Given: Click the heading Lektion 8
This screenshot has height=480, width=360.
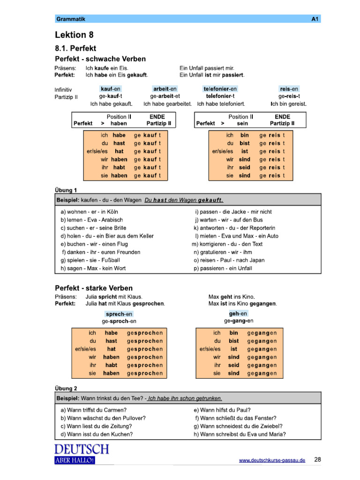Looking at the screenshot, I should (x=71, y=35).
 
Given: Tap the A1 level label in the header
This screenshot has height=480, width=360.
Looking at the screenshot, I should (x=315, y=19).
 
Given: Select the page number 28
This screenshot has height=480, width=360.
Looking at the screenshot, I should (x=318, y=459).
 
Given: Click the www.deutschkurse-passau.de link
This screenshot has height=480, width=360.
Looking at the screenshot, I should (x=272, y=460).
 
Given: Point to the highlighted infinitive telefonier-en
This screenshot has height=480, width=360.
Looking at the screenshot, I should (x=220, y=89).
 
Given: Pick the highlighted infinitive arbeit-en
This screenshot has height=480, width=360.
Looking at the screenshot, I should (x=165, y=89).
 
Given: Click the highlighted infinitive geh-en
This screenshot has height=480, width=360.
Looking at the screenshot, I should (x=238, y=313).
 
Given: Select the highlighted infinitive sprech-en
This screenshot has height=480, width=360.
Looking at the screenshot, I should (x=119, y=314).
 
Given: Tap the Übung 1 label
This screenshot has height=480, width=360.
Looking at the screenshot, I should (x=66, y=190).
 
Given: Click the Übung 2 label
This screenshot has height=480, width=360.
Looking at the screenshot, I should (x=66, y=388).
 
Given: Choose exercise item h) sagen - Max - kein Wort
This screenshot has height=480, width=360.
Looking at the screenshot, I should (x=93, y=268).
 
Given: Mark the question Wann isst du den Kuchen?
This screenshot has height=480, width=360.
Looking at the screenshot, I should (x=97, y=434).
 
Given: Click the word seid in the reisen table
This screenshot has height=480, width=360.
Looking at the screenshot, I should (x=244, y=167).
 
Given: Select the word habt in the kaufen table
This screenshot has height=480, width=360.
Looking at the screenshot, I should (x=119, y=167).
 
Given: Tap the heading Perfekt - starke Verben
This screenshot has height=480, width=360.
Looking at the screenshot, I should (x=94, y=288).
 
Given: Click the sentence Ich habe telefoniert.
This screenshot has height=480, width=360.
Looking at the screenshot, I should (x=221, y=104).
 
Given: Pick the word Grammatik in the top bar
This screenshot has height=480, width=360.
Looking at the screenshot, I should (x=71, y=19).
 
